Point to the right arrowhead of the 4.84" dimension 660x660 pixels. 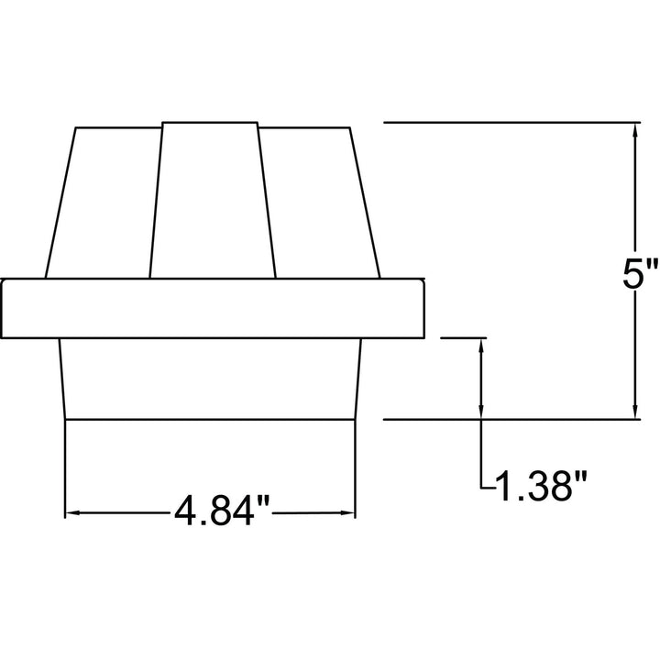click(x=347, y=512)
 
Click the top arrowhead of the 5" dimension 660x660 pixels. click(x=635, y=130)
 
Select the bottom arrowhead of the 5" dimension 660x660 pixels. click(x=635, y=412)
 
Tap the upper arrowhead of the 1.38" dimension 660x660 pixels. click(x=481, y=346)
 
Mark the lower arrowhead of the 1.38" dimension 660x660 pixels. click(x=481, y=412)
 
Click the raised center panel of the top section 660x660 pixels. click(x=212, y=201)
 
